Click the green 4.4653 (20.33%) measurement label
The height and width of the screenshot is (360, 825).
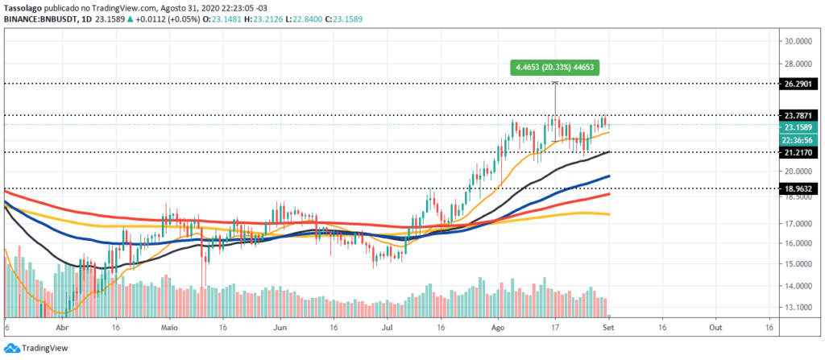click(555, 68)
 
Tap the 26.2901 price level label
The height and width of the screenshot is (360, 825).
click(799, 84)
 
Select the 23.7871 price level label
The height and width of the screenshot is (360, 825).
click(799, 115)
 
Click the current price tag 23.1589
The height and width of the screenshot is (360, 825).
click(799, 127)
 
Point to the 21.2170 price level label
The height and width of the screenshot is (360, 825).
click(799, 152)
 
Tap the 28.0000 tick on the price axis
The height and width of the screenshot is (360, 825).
click(798, 64)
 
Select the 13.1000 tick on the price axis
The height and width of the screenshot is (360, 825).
click(798, 308)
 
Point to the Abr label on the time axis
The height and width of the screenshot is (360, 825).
click(63, 327)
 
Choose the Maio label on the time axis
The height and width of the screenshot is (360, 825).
click(169, 327)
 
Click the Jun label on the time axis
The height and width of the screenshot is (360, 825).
click(280, 327)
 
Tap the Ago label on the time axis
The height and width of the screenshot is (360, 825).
click(497, 327)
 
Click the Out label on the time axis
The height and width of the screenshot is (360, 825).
click(715, 327)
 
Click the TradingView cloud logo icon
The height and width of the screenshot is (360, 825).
click(11, 348)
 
